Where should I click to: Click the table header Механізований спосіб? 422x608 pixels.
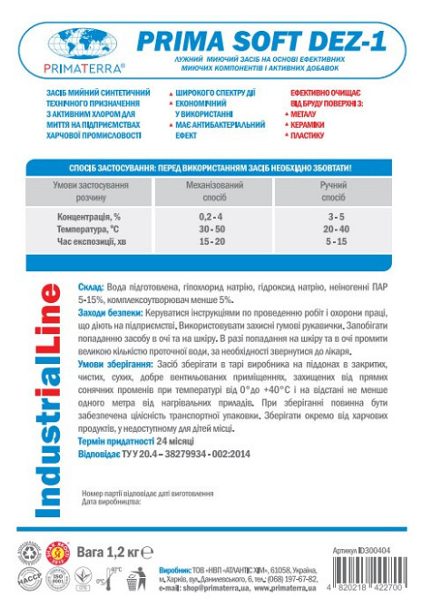point(211,190)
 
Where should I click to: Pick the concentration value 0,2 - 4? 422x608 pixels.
point(211,219)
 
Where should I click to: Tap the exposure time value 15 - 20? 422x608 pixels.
point(211,242)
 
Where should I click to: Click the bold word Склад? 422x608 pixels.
point(93,286)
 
